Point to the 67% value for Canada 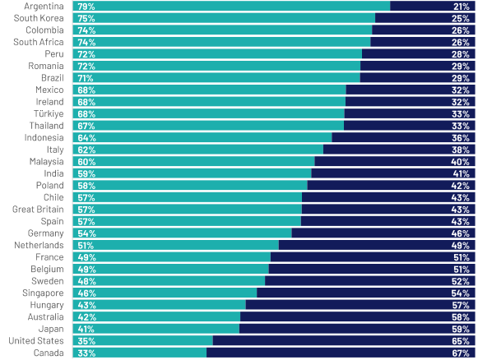tap(461, 353)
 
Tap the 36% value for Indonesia tap(461, 138)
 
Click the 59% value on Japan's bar tap(461, 329)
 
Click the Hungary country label tap(46, 305)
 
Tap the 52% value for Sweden tap(461, 281)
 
